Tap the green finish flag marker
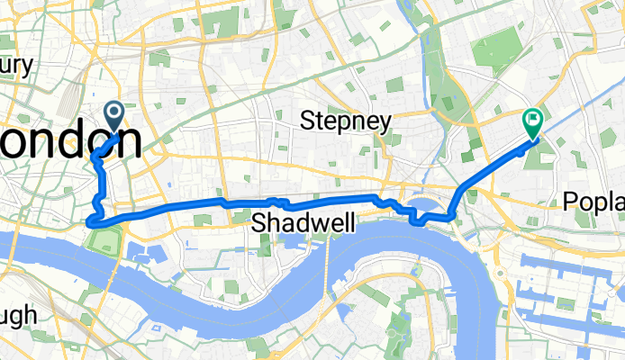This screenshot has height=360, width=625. pyautogui.click(x=532, y=121)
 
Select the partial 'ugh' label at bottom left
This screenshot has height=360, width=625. pyautogui.click(x=18, y=315)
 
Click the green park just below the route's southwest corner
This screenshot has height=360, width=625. pyautogui.click(x=106, y=240)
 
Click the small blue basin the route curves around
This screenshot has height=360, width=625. pyautogui.click(x=430, y=208)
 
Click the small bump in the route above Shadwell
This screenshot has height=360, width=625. pyautogui.click(x=277, y=201)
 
